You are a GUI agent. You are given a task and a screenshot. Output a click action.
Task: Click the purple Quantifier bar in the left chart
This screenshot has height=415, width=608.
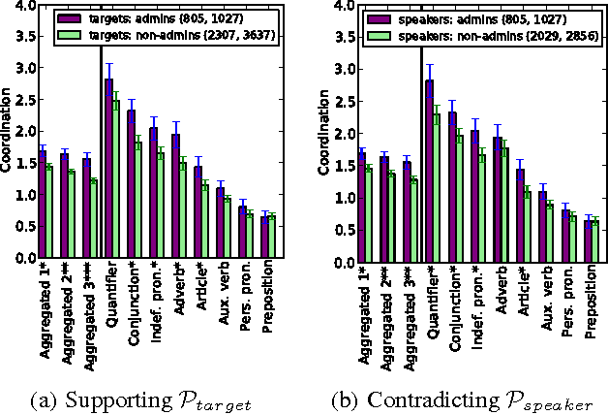[109, 170]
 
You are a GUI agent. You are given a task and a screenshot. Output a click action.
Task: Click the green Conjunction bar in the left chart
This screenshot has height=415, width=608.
[138, 201]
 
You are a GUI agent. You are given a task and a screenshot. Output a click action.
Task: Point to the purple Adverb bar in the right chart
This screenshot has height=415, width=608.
[497, 200]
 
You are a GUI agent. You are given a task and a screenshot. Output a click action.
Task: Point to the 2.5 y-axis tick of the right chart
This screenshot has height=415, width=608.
[343, 102]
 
